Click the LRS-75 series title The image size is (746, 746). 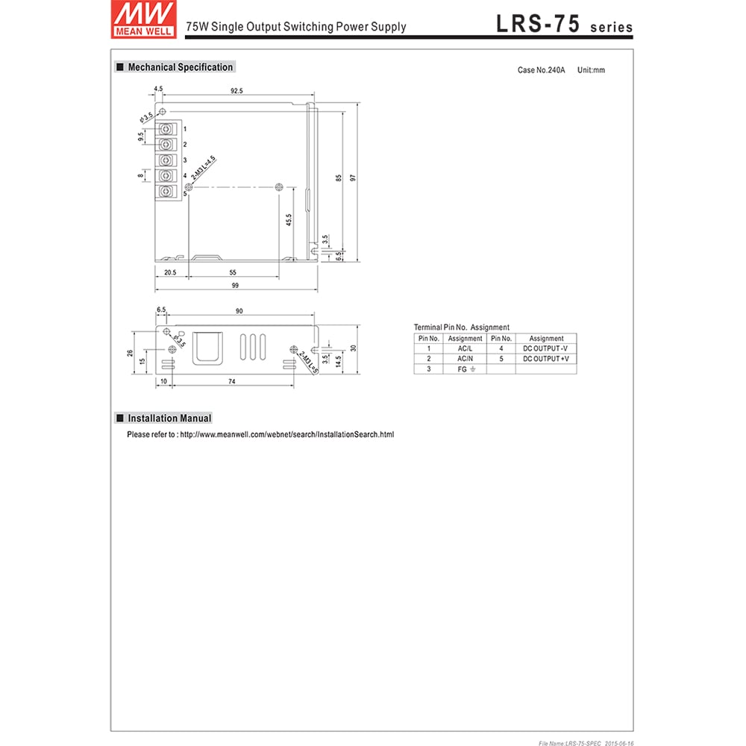click(564, 24)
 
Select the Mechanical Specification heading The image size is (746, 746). click(180, 67)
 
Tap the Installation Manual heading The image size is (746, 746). click(169, 419)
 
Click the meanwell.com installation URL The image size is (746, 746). click(286, 434)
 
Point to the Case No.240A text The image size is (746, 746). click(541, 70)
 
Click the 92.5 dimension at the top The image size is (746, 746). click(236, 90)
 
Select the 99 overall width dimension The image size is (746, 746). click(235, 286)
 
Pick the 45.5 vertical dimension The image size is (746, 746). click(288, 221)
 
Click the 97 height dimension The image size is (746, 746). click(357, 177)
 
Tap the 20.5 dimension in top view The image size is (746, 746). click(170, 273)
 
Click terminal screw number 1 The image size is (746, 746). click(167, 128)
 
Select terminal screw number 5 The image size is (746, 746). click(167, 192)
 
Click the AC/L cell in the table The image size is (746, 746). click(465, 348)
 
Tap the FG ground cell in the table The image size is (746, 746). click(465, 369)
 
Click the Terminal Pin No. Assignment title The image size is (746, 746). click(462, 327)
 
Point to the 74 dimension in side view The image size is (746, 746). click(232, 381)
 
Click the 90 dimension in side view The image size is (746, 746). click(239, 310)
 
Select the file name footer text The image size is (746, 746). click(585, 742)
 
